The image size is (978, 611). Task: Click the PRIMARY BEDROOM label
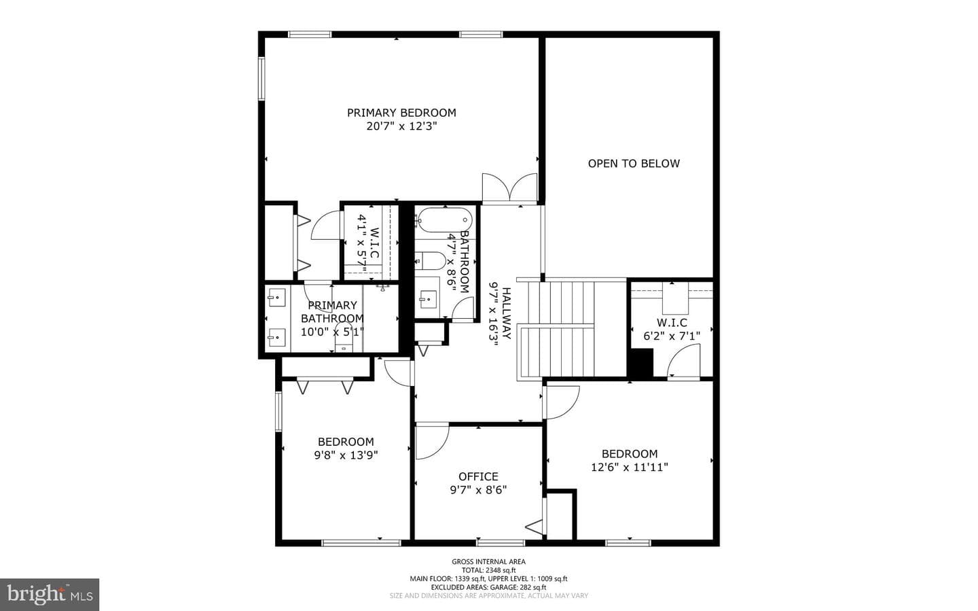[x=401, y=113]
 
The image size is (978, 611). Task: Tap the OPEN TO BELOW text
[x=634, y=164]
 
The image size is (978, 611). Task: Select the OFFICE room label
[x=478, y=476]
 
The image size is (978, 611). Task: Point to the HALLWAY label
[x=507, y=313]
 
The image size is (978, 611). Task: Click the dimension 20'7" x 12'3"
[x=401, y=126]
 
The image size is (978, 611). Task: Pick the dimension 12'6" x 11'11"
[x=629, y=467]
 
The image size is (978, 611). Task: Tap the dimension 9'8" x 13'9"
[x=346, y=455]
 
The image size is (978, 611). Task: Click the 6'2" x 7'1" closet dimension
[x=672, y=336]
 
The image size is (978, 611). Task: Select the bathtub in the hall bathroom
[x=443, y=220]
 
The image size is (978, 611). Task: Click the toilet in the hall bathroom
[x=430, y=261]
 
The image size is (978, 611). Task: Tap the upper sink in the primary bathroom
[x=276, y=297]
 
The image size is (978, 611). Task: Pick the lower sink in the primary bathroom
[x=276, y=337]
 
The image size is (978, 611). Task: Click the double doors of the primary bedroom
[x=509, y=188]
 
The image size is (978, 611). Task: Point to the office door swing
[x=432, y=441]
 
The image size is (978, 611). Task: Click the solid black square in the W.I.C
[x=640, y=362]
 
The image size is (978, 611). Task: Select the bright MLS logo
[x=50, y=595]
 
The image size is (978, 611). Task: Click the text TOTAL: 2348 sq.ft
[x=488, y=570]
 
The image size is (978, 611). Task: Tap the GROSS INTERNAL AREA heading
[x=488, y=561]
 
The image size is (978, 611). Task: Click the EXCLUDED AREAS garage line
[x=488, y=587]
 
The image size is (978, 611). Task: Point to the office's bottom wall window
[x=501, y=543]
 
